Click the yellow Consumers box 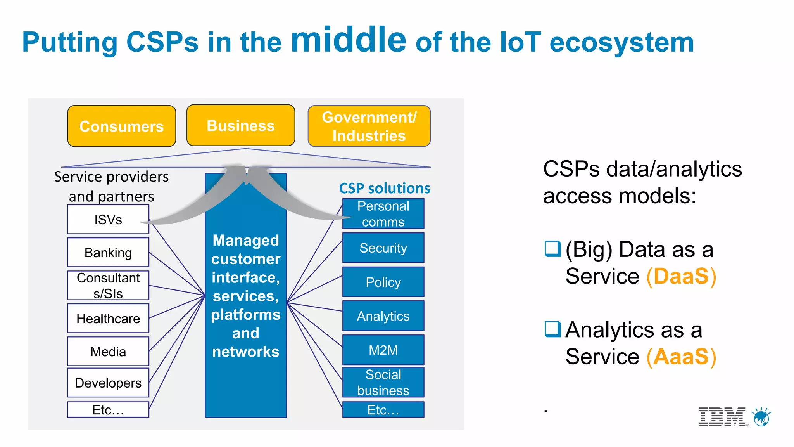[121, 126]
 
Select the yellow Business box [240, 125]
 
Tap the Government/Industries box [369, 126]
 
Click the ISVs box [108, 219]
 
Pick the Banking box [108, 252]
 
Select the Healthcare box [108, 318]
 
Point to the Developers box [108, 383]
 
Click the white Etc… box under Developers [108, 409]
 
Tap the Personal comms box [383, 214]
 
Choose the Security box [383, 248]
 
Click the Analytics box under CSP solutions [383, 316]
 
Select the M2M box [383, 350]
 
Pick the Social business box [383, 382]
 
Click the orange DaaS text [681, 276]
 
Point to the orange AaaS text [681, 357]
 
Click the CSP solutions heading [384, 188]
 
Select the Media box [108, 351]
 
